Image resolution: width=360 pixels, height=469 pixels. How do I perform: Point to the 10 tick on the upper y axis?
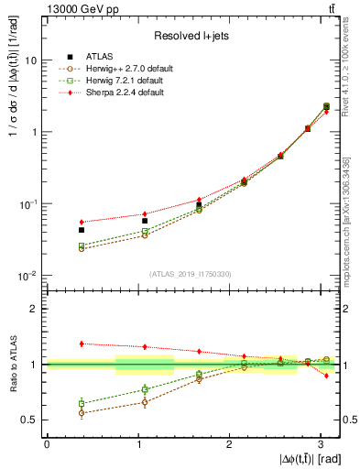click(x=32, y=60)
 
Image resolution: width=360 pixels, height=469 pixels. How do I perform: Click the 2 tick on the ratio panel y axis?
click(x=35, y=309)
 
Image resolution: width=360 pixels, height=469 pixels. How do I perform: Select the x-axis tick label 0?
click(x=47, y=443)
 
